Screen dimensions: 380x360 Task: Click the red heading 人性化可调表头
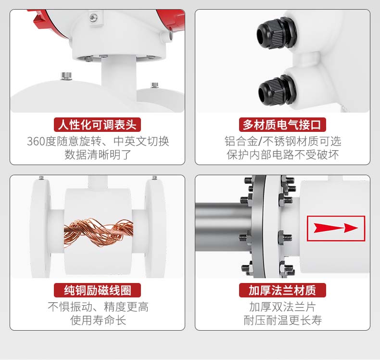97,125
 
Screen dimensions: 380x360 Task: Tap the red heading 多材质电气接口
282,125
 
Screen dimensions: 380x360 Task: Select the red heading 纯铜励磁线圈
97,290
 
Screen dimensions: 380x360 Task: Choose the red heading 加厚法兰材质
282,290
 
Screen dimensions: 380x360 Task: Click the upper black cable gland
276,34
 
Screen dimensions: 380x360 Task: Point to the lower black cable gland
277,90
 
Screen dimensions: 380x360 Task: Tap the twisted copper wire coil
99,231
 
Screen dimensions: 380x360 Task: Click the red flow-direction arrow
336,228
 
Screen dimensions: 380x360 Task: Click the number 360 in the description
36,141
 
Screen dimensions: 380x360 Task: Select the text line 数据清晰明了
98,154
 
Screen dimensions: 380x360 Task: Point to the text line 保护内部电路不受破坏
282,154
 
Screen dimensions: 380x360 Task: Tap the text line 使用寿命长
98,320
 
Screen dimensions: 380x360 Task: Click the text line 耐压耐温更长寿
282,320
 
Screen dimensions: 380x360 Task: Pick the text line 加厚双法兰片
282,307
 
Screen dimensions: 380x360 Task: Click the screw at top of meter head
93,17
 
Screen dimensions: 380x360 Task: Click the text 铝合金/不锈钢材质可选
282,141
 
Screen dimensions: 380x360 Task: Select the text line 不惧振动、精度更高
98,307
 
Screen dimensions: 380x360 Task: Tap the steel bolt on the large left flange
66,76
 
